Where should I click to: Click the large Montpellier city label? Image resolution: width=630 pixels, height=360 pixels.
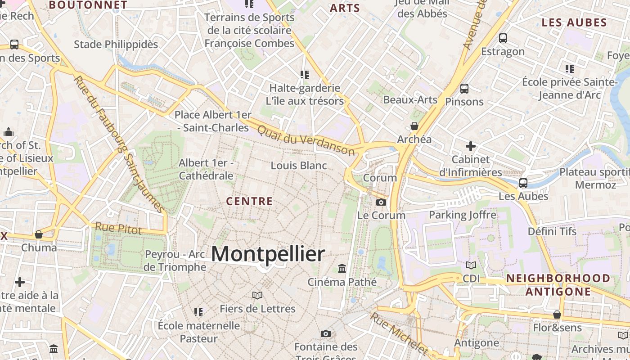coord(268,254)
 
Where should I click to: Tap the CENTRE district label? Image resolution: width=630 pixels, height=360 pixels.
coord(249,201)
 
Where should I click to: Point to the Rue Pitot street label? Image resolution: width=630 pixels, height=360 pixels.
coord(118,228)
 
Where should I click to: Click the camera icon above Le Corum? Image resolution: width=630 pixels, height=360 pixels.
coord(381,202)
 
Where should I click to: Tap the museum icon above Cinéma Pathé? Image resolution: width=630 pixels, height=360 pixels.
coord(342,269)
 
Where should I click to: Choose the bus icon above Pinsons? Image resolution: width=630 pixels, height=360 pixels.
coord(464,89)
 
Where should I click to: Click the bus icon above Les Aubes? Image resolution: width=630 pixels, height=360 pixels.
coord(523,183)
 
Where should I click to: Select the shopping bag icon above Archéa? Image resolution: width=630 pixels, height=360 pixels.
coord(414,126)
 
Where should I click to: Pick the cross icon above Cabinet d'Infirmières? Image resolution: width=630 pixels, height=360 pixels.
coord(470,146)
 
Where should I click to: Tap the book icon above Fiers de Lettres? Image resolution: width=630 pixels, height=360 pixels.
coord(257,296)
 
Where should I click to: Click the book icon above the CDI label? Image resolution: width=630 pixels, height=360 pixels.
coord(471,265)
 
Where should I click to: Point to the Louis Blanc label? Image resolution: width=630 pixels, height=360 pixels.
coord(299,166)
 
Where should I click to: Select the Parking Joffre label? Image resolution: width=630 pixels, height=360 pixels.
coord(463,215)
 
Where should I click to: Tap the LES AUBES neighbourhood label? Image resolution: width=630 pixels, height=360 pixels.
coord(574,22)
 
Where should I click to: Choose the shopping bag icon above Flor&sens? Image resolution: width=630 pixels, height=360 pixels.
coord(557,315)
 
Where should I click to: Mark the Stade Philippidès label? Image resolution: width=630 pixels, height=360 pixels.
coord(116,44)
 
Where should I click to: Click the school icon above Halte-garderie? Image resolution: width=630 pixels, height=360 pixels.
coord(305,74)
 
